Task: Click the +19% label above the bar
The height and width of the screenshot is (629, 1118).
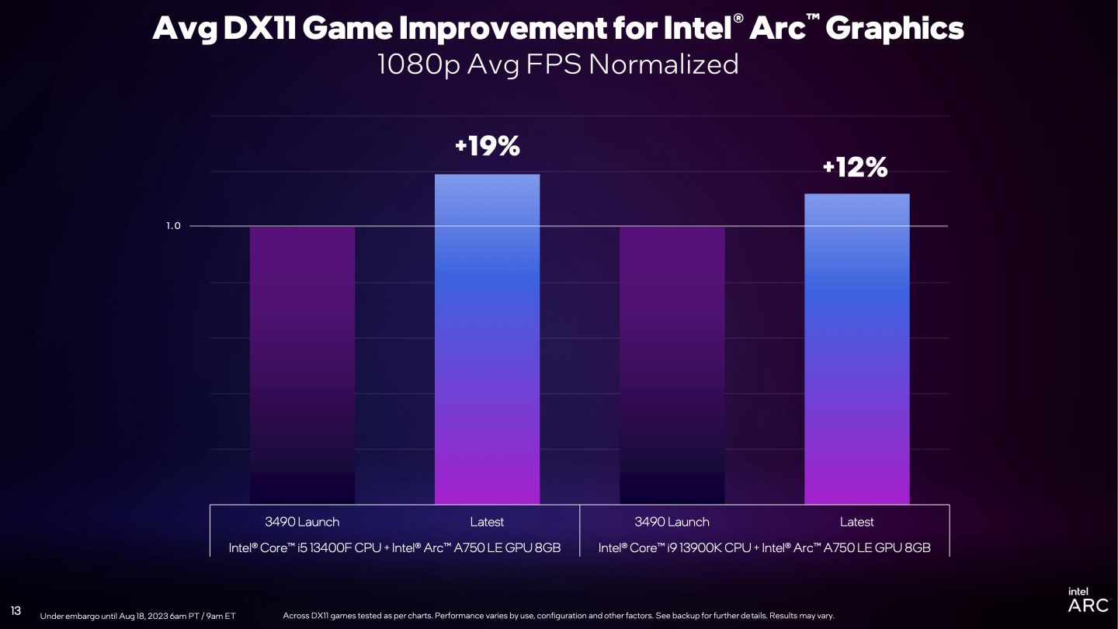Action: pyautogui.click(x=487, y=146)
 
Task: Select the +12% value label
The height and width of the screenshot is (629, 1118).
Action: pyautogui.click(x=856, y=167)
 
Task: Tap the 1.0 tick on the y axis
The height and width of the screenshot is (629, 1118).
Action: pyautogui.click(x=173, y=226)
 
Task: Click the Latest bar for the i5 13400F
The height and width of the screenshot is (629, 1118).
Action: pyautogui.click(x=487, y=339)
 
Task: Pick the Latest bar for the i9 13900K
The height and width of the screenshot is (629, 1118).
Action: pyautogui.click(x=856, y=349)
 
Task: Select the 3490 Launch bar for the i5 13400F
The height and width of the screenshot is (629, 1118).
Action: pyautogui.click(x=302, y=365)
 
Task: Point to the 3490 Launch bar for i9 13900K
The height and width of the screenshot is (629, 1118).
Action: pyautogui.click(x=672, y=365)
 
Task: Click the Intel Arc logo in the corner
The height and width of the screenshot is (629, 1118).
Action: pyautogui.click(x=1088, y=599)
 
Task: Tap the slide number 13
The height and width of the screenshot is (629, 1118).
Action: pyautogui.click(x=16, y=610)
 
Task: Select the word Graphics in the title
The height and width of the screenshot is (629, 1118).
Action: pyautogui.click(x=895, y=29)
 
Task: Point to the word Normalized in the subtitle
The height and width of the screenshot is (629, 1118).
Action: pyautogui.click(x=663, y=64)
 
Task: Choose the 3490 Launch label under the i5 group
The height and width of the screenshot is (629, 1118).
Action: pyautogui.click(x=302, y=522)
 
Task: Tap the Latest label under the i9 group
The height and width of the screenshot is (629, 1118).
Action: pyautogui.click(x=856, y=522)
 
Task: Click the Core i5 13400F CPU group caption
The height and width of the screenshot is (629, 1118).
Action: pyautogui.click(x=394, y=547)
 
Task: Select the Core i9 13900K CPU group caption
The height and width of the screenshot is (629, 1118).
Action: pyautogui.click(x=764, y=547)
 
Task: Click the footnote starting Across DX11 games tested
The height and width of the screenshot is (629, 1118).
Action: pyautogui.click(x=558, y=616)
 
